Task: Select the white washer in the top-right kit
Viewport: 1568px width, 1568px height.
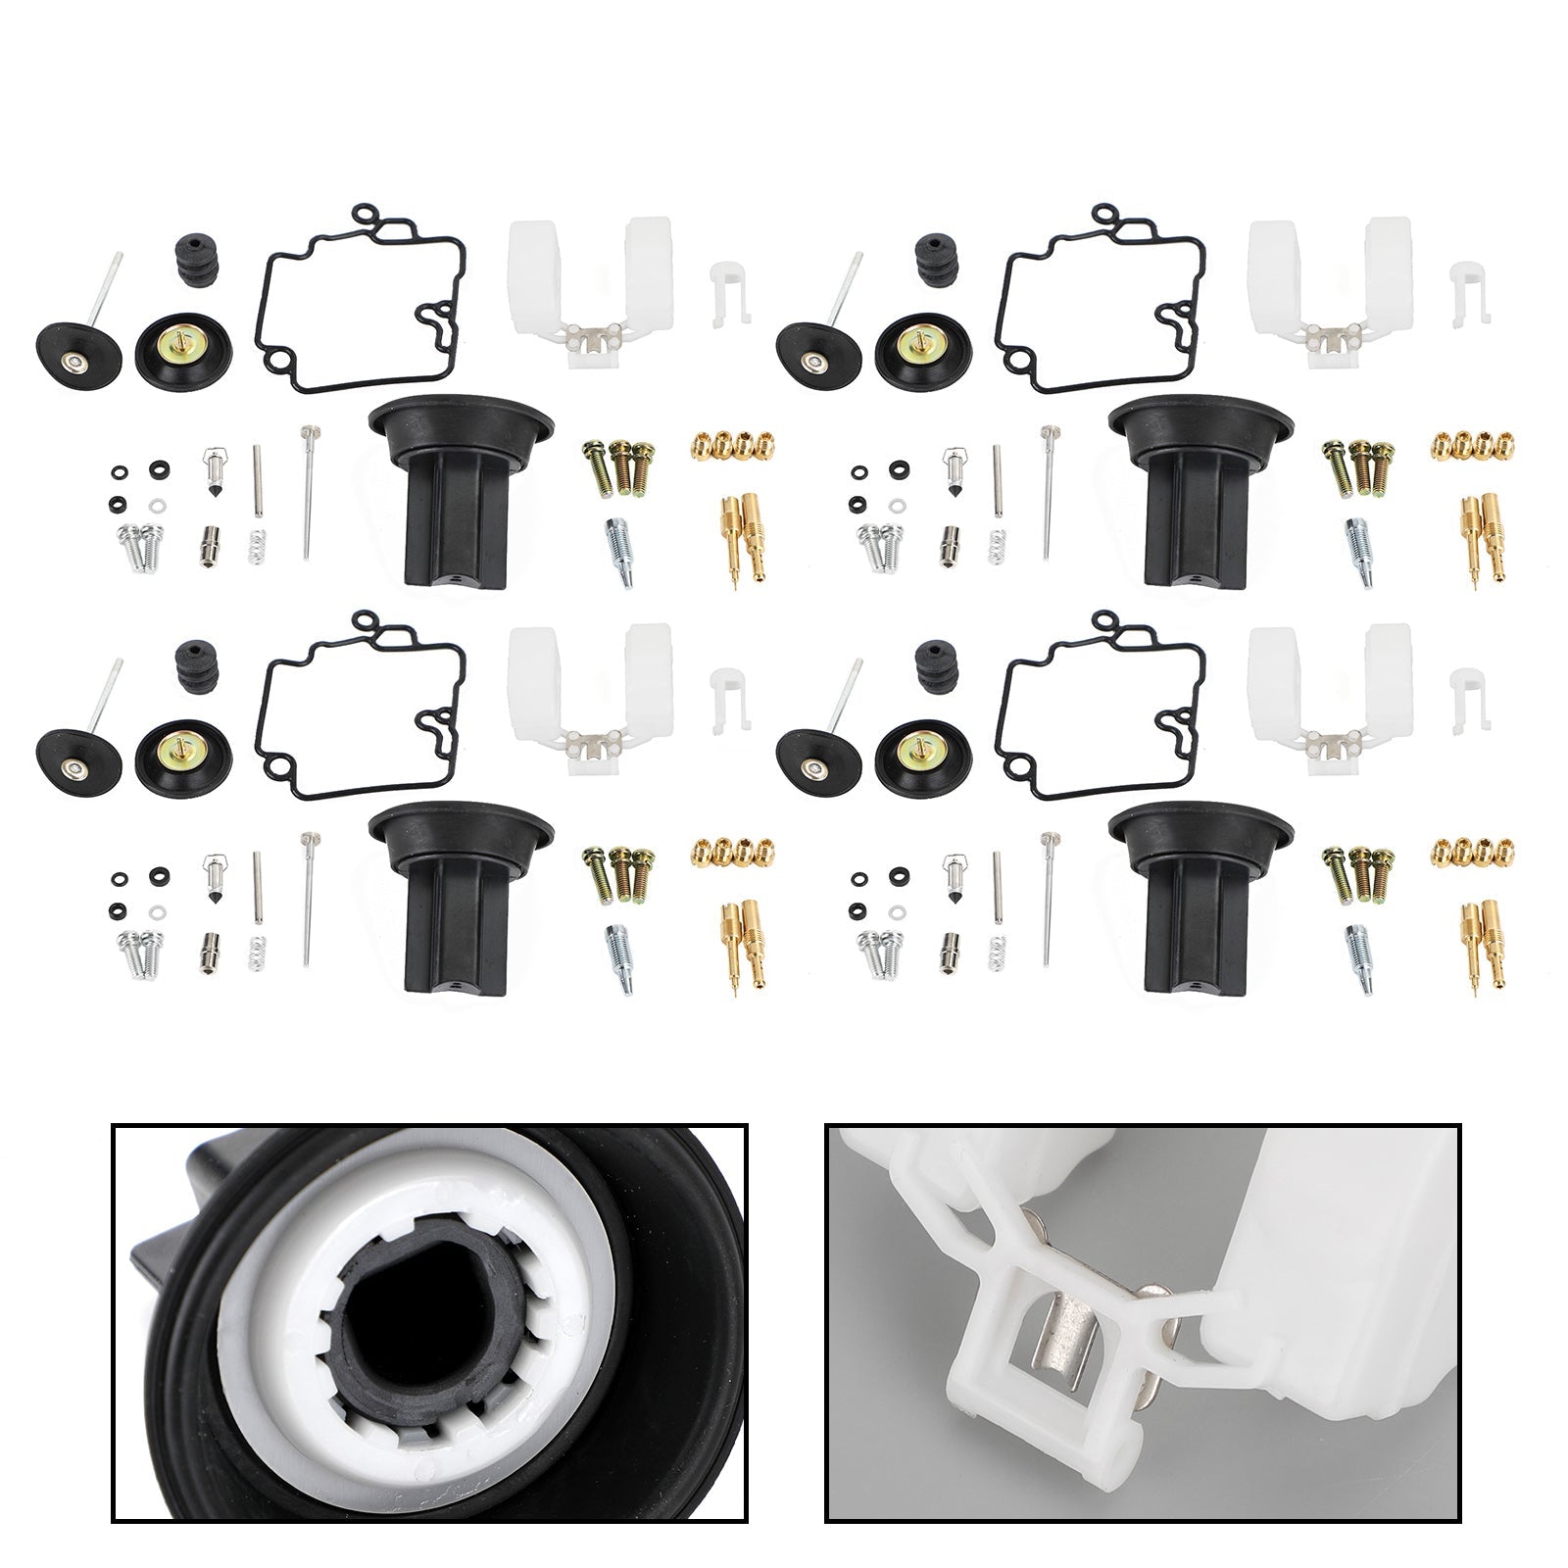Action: [898, 508]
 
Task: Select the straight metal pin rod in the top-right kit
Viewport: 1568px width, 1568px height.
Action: [998, 480]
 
